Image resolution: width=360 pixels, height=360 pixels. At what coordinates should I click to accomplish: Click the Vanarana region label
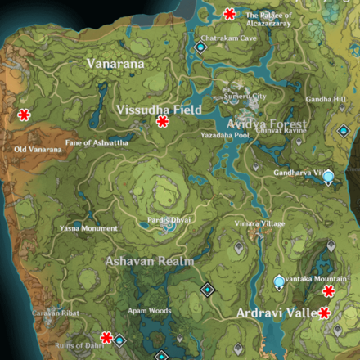pos(115,63)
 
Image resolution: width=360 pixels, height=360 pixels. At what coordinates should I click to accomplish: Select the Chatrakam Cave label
pos(229,38)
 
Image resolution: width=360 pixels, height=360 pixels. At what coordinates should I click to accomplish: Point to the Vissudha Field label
pos(159,109)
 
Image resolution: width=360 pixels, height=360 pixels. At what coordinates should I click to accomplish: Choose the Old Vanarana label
pos(38,150)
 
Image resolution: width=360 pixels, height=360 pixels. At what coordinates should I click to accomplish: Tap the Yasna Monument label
pos(89,229)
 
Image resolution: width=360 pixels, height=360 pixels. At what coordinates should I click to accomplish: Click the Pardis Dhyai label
pos(169,220)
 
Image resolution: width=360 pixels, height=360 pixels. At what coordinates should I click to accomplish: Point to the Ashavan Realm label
pos(149,262)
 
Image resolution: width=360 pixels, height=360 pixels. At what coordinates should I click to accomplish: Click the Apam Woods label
pos(149,311)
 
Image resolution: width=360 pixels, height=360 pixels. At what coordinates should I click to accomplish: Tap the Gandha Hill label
pos(326,99)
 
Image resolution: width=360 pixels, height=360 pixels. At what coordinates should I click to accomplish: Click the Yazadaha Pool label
pos(224,135)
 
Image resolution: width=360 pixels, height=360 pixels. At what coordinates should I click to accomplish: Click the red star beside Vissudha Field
pos(163,122)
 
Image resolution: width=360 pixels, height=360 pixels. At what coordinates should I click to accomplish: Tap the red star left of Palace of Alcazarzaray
pos(229,13)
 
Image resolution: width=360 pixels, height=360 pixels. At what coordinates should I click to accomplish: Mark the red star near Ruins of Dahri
pos(106,337)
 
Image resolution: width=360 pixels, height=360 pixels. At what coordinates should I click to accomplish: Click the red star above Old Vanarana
pos(25,115)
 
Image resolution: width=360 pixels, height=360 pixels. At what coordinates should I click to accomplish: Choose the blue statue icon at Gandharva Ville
pos(328,176)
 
